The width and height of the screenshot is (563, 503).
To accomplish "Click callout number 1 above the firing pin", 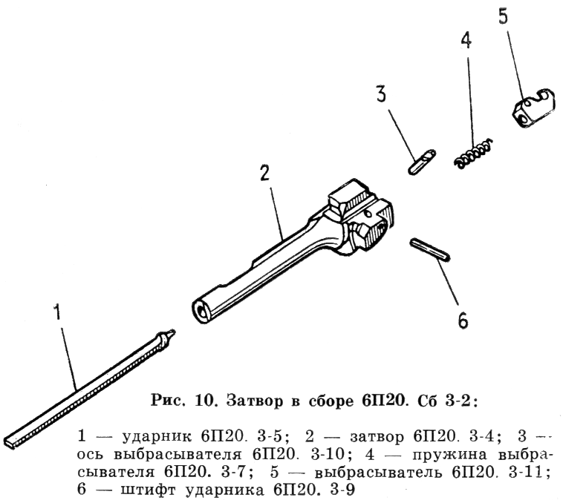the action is [57, 312].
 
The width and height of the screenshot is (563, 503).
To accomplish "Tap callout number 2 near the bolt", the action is [264, 173].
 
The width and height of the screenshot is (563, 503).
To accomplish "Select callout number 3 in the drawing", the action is [381, 94].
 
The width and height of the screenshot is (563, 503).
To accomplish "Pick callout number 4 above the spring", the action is [466, 40].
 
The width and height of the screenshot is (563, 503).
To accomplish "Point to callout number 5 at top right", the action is [504, 16].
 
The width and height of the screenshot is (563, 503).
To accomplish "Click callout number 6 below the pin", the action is [463, 320].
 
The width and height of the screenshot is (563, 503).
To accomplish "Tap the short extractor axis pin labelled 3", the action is [422, 162].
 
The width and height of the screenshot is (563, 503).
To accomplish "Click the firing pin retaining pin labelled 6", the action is [430, 249].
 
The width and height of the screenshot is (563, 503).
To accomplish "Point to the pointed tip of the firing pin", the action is [173, 332].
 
